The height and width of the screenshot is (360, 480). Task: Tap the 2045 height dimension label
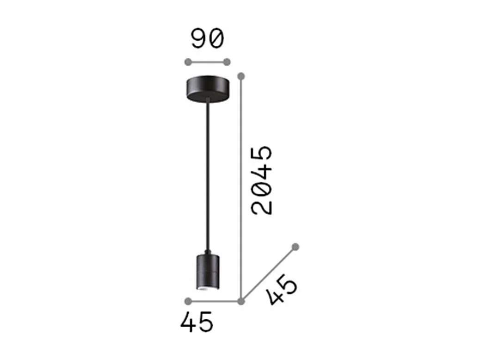pyautogui.click(x=261, y=180)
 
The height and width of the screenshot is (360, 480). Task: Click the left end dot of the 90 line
pyautogui.click(x=188, y=62)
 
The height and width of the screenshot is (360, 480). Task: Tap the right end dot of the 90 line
pyautogui.click(x=227, y=62)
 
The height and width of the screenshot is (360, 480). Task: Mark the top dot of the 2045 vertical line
pyautogui.click(x=240, y=75)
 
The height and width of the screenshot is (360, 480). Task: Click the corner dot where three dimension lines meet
pyautogui.click(x=240, y=301)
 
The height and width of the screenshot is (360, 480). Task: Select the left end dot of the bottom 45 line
pyautogui.click(x=188, y=301)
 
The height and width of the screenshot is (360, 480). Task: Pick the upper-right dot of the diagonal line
pyautogui.click(x=295, y=247)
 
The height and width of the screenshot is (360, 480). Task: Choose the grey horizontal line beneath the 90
pyautogui.click(x=207, y=62)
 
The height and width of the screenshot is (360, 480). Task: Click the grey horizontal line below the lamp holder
pyautogui.click(x=214, y=301)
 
